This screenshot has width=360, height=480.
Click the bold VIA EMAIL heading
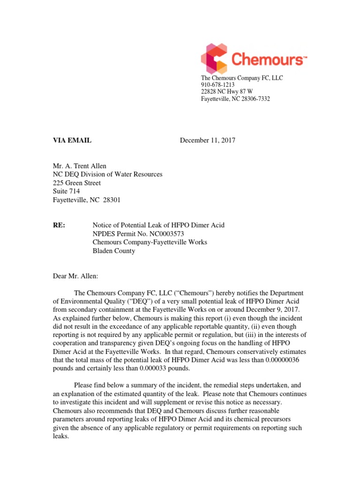coord(72,140)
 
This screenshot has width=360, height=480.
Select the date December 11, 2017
coord(208,140)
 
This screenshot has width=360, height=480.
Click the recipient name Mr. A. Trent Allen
coord(80,165)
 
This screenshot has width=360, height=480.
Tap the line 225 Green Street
coord(76,183)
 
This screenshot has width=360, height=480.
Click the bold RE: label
coord(59,225)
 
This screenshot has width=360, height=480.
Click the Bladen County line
coord(113,251)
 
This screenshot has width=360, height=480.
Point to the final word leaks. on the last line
coord(60,436)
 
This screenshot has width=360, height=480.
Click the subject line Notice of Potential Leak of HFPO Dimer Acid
coord(158,225)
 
